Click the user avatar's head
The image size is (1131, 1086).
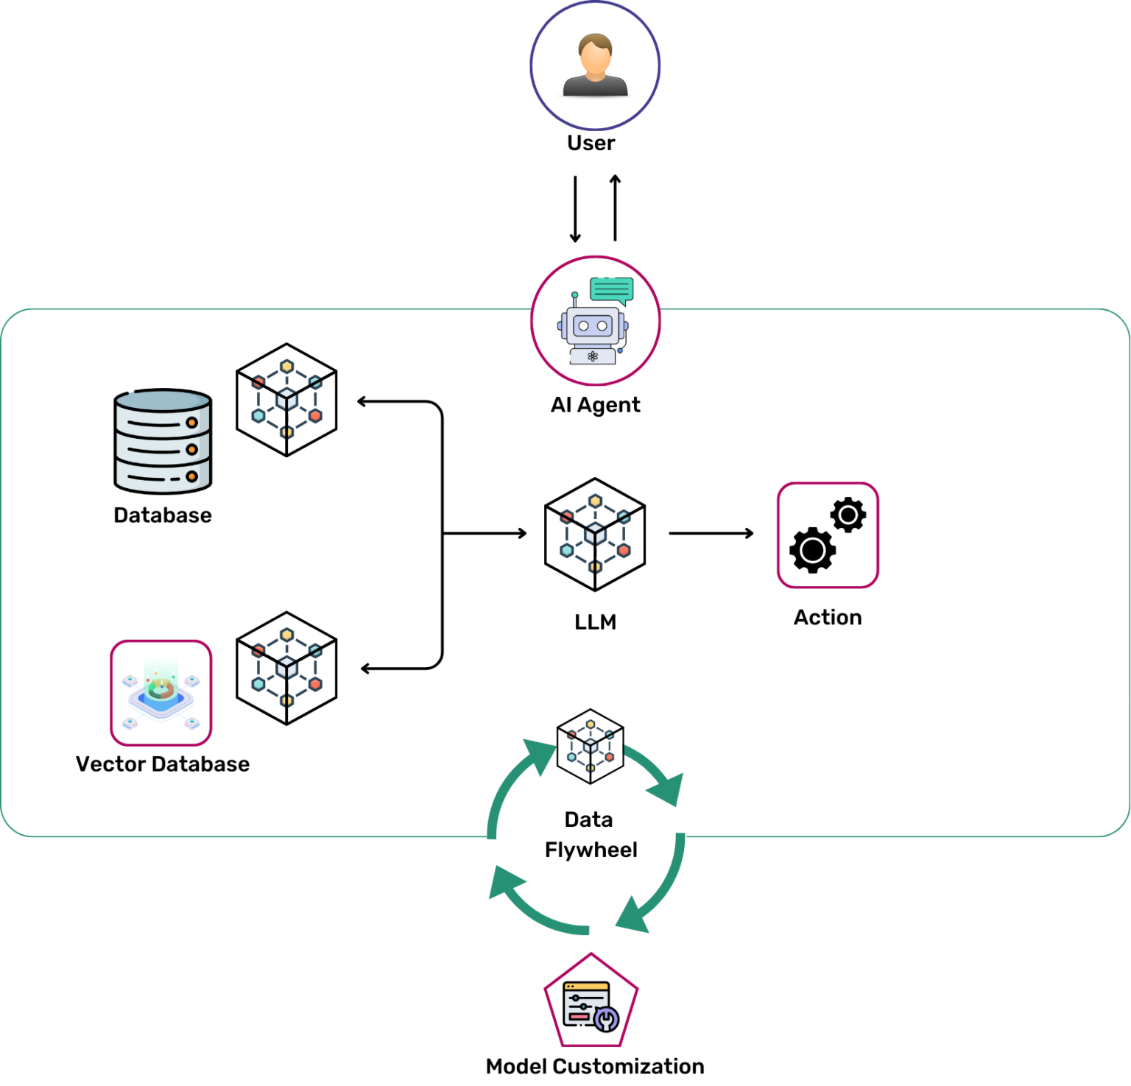[595, 54]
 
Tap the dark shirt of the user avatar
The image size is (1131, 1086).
[595, 87]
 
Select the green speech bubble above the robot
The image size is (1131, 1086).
[611, 289]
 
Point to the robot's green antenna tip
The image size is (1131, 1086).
[575, 295]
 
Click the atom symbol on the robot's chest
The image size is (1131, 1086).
[593, 356]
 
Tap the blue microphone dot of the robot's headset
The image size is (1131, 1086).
[620, 350]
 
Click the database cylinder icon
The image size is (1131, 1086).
[163, 440]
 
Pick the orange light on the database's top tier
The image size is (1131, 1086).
[191, 423]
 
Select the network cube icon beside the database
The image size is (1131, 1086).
[286, 398]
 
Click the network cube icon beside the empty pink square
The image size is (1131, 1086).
[595, 534]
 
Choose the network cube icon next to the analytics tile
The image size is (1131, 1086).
[286, 667]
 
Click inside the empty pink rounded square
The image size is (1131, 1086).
[828, 535]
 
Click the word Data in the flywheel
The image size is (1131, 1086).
[588, 819]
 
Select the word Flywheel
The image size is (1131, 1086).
[591, 850]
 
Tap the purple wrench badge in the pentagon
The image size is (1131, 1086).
[606, 1019]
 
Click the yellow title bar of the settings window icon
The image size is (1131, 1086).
[586, 987]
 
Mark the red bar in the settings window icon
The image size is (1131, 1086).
[579, 1017]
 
